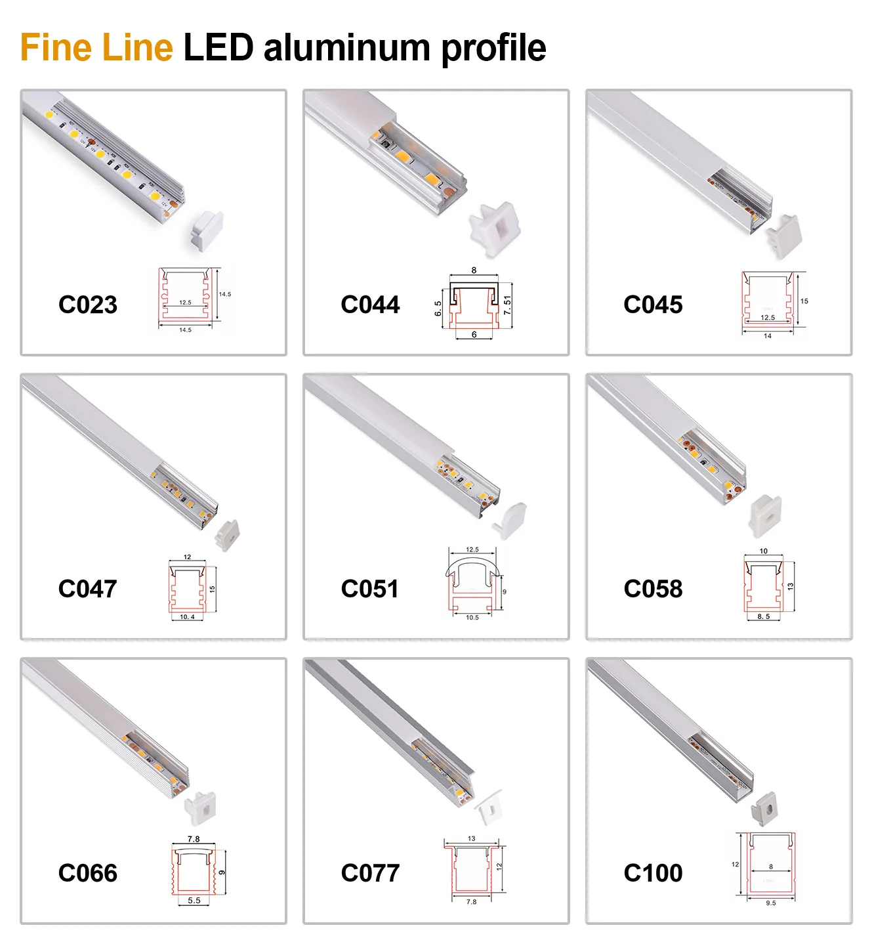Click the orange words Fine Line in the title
coord(96,48)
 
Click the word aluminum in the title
coord(346,48)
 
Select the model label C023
coord(88,305)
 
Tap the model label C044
coord(370,305)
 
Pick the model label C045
coord(653,305)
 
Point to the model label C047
coord(88,589)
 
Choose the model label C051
coord(370,589)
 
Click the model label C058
coord(653,589)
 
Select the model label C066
coord(88,873)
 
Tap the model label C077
coord(370,873)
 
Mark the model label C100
coord(653,873)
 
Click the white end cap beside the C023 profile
coord(206,231)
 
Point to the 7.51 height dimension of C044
coord(507,305)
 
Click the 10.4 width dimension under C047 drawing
coord(187,617)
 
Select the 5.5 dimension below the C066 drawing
coord(194,901)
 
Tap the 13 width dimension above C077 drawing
coord(471,838)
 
